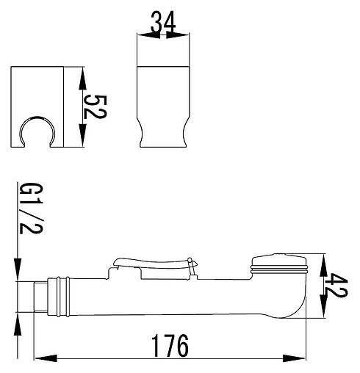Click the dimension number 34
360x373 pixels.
click(163, 22)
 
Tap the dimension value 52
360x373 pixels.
click(95, 107)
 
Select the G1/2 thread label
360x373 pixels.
click(31, 208)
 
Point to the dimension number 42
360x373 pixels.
click(336, 286)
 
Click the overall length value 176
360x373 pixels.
click(170, 346)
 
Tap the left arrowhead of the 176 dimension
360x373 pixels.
click(46, 358)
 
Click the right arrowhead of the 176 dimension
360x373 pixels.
click(294, 358)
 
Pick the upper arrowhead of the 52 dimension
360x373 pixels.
click(83, 78)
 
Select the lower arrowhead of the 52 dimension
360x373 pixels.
click(83, 135)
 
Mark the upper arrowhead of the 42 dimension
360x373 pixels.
click(323, 266)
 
